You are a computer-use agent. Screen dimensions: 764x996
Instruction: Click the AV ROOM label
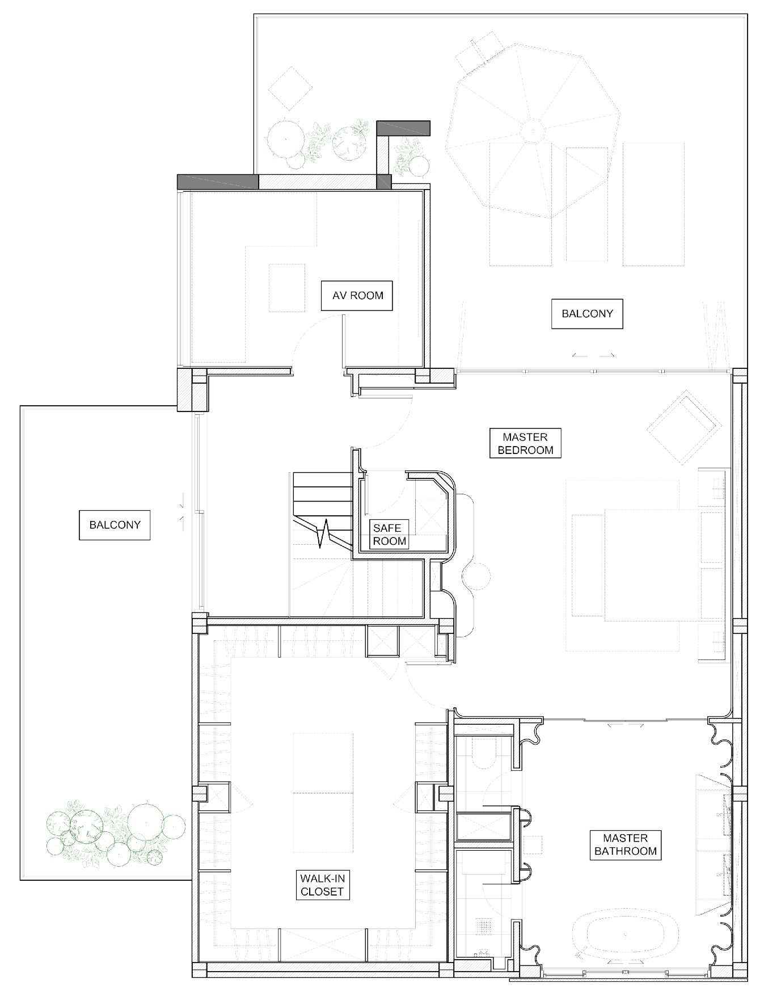tap(357, 296)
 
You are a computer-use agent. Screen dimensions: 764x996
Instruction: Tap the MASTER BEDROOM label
tap(525, 443)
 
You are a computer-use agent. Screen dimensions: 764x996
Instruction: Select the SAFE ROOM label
tap(390, 535)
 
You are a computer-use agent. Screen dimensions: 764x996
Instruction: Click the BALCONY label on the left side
tap(115, 525)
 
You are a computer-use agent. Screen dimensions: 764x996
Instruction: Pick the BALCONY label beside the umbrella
tap(587, 313)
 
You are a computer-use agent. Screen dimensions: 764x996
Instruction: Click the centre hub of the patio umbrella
tap(533, 130)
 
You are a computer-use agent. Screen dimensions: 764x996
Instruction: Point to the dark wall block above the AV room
tap(218, 182)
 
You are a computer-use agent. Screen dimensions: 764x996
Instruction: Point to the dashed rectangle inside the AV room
tap(290, 288)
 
